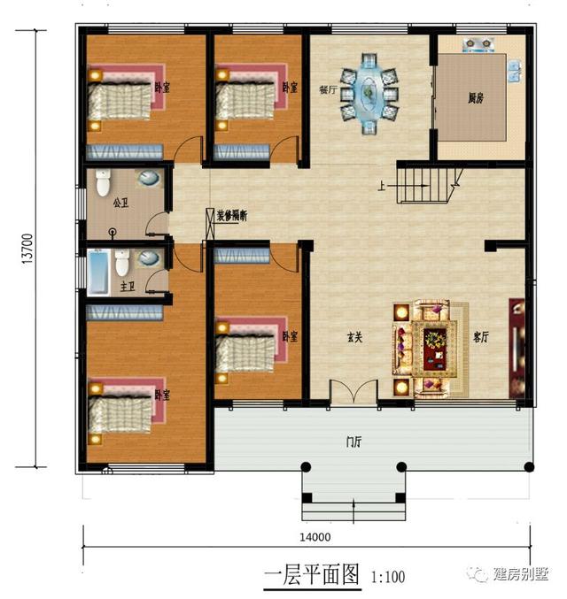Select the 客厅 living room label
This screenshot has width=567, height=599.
481,337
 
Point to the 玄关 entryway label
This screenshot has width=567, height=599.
354,337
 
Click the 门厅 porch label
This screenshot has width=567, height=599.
352,442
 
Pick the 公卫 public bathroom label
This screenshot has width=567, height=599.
121,203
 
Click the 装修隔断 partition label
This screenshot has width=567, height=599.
230,215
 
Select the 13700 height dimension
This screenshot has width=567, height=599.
27,248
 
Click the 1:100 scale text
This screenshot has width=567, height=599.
386,578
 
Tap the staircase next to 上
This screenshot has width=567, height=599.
425,184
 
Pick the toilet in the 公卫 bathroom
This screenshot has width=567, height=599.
103,183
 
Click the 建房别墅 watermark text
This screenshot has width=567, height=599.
522,574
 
